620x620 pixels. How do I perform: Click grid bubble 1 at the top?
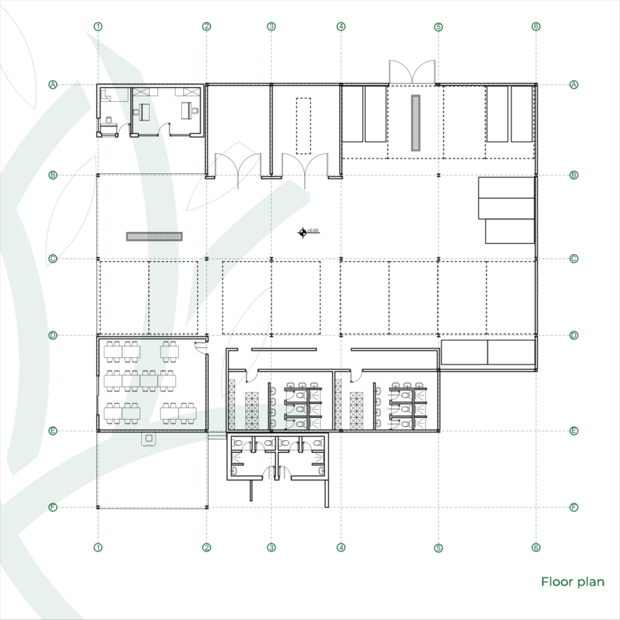[98, 27]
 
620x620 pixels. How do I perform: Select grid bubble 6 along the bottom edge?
[536, 547]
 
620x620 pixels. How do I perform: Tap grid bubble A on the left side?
[53, 85]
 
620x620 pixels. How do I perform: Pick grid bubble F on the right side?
[574, 507]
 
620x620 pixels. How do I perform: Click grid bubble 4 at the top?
[341, 27]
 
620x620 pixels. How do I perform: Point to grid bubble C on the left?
[53, 259]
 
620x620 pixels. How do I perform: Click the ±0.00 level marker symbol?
[302, 232]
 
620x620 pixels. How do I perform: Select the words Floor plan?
[572, 582]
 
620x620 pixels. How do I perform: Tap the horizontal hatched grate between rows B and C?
[154, 236]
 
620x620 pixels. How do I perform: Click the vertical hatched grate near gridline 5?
[415, 123]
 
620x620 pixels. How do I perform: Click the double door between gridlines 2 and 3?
[238, 165]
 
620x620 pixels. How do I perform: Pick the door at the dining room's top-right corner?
[201, 345]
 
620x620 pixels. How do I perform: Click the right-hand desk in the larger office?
[185, 110]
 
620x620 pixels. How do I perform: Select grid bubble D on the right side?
[574, 335]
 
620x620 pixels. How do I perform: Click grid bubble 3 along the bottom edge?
[272, 547]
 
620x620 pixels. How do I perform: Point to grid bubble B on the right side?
[574, 175]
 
